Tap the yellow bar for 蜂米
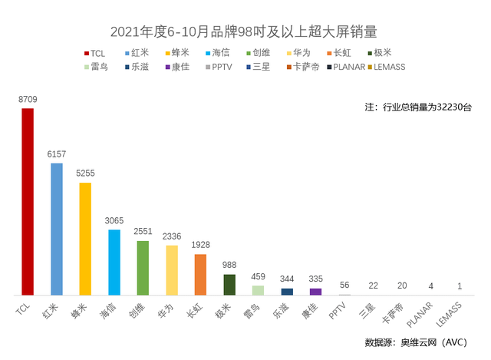pyautogui.click(x=85, y=238)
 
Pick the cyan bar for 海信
pyautogui.click(x=114, y=262)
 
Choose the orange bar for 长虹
pyautogui.click(x=200, y=274)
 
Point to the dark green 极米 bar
pyautogui.click(x=229, y=284)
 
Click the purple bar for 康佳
pyautogui.click(x=315, y=291)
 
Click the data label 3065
pyautogui.click(x=114, y=221)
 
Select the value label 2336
pyautogui.click(x=172, y=236)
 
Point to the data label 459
pyautogui.click(x=258, y=277)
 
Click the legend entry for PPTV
pyautogui.click(x=222, y=67)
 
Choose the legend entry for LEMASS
pyautogui.click(x=387, y=67)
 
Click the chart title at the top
pyautogui.click(x=245, y=31)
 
